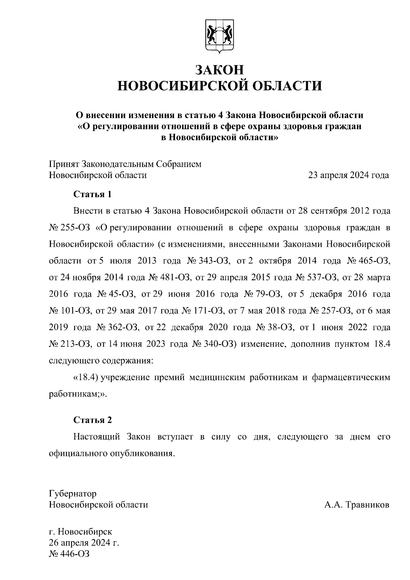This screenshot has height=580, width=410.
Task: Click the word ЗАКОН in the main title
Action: tap(220, 70)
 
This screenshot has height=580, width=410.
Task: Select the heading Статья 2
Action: tap(93, 420)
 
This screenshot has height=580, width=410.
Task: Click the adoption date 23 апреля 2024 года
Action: tap(348, 175)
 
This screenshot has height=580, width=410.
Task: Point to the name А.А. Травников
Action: tap(356, 505)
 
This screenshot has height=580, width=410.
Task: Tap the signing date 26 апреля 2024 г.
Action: tap(84, 543)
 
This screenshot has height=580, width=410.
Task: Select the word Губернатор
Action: tap(73, 494)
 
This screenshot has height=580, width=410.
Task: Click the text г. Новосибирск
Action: tap(81, 532)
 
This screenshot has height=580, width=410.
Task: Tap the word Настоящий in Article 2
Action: tap(96, 437)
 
